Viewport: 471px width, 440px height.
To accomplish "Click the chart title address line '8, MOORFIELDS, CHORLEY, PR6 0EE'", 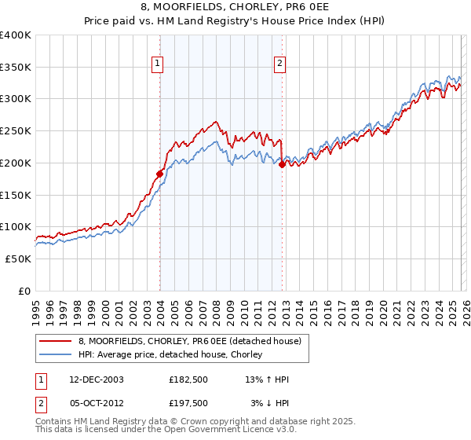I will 235,7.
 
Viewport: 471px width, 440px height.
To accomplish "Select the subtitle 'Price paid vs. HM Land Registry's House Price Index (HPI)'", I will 235,21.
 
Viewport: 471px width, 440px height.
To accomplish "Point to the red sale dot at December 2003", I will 160,174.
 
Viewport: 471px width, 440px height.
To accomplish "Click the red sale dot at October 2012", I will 282,164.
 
